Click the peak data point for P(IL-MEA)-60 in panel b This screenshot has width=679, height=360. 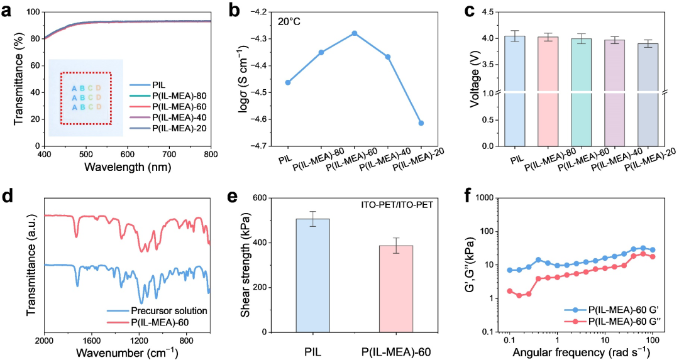pos(354,33)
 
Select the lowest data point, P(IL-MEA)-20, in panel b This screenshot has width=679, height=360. pos(421,123)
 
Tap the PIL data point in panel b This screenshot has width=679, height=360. pos(288,82)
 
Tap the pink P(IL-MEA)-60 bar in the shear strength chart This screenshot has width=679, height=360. pos(395,288)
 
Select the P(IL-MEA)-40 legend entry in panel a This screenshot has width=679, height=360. pos(179,117)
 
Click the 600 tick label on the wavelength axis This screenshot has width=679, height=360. pos(378,154)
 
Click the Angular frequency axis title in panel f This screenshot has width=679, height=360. pos(588,352)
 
